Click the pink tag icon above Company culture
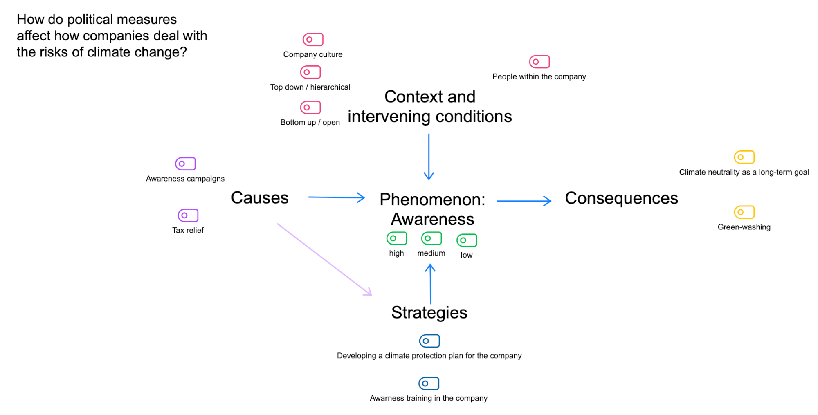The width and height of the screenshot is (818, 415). [313, 40]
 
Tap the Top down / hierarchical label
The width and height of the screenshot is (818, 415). [310, 87]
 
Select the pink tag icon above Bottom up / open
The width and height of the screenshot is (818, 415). [310, 108]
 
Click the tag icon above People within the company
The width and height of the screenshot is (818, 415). [539, 62]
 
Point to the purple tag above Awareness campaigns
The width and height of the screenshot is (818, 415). [185, 164]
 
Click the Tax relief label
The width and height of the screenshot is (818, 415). [188, 230]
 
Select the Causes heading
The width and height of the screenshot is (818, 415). [260, 198]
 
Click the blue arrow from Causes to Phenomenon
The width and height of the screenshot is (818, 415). [336, 197]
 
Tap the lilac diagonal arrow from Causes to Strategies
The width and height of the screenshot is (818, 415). [324, 259]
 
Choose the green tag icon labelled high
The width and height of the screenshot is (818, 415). [396, 238]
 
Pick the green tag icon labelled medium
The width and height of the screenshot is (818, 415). [431, 238]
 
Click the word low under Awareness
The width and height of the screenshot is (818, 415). [466, 255]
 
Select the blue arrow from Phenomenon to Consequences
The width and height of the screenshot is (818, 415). [524, 201]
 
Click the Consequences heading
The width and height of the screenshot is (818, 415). [621, 198]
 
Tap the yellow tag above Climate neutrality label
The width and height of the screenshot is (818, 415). [744, 157]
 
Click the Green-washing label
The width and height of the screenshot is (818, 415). [744, 227]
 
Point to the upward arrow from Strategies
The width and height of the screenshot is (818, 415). [430, 284]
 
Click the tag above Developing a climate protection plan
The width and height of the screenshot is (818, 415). [429, 341]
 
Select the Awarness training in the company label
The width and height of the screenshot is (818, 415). [429, 398]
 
